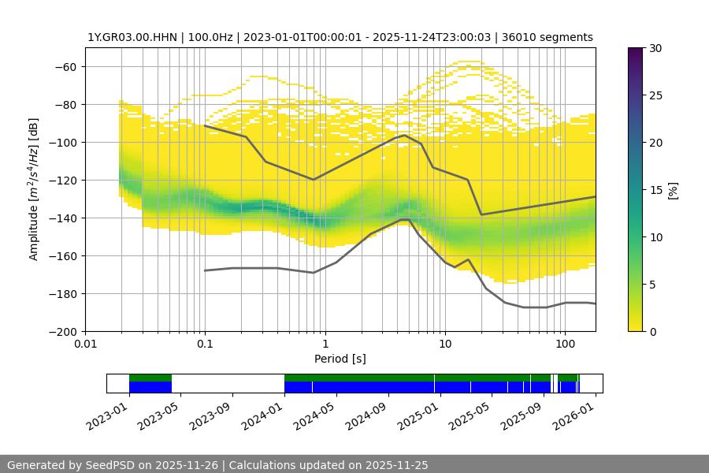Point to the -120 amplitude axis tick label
pyautogui.click(x=65, y=180)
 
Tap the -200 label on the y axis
pyautogui.click(x=65, y=331)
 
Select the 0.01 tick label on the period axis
pyautogui.click(x=85, y=345)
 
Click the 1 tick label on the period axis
pyautogui.click(x=325, y=345)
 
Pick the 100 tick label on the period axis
pyautogui.click(x=564, y=345)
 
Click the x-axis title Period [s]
pyautogui.click(x=340, y=359)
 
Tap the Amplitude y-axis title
pyautogui.click(x=34, y=189)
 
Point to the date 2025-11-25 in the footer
pyautogui.click(x=398, y=465)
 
